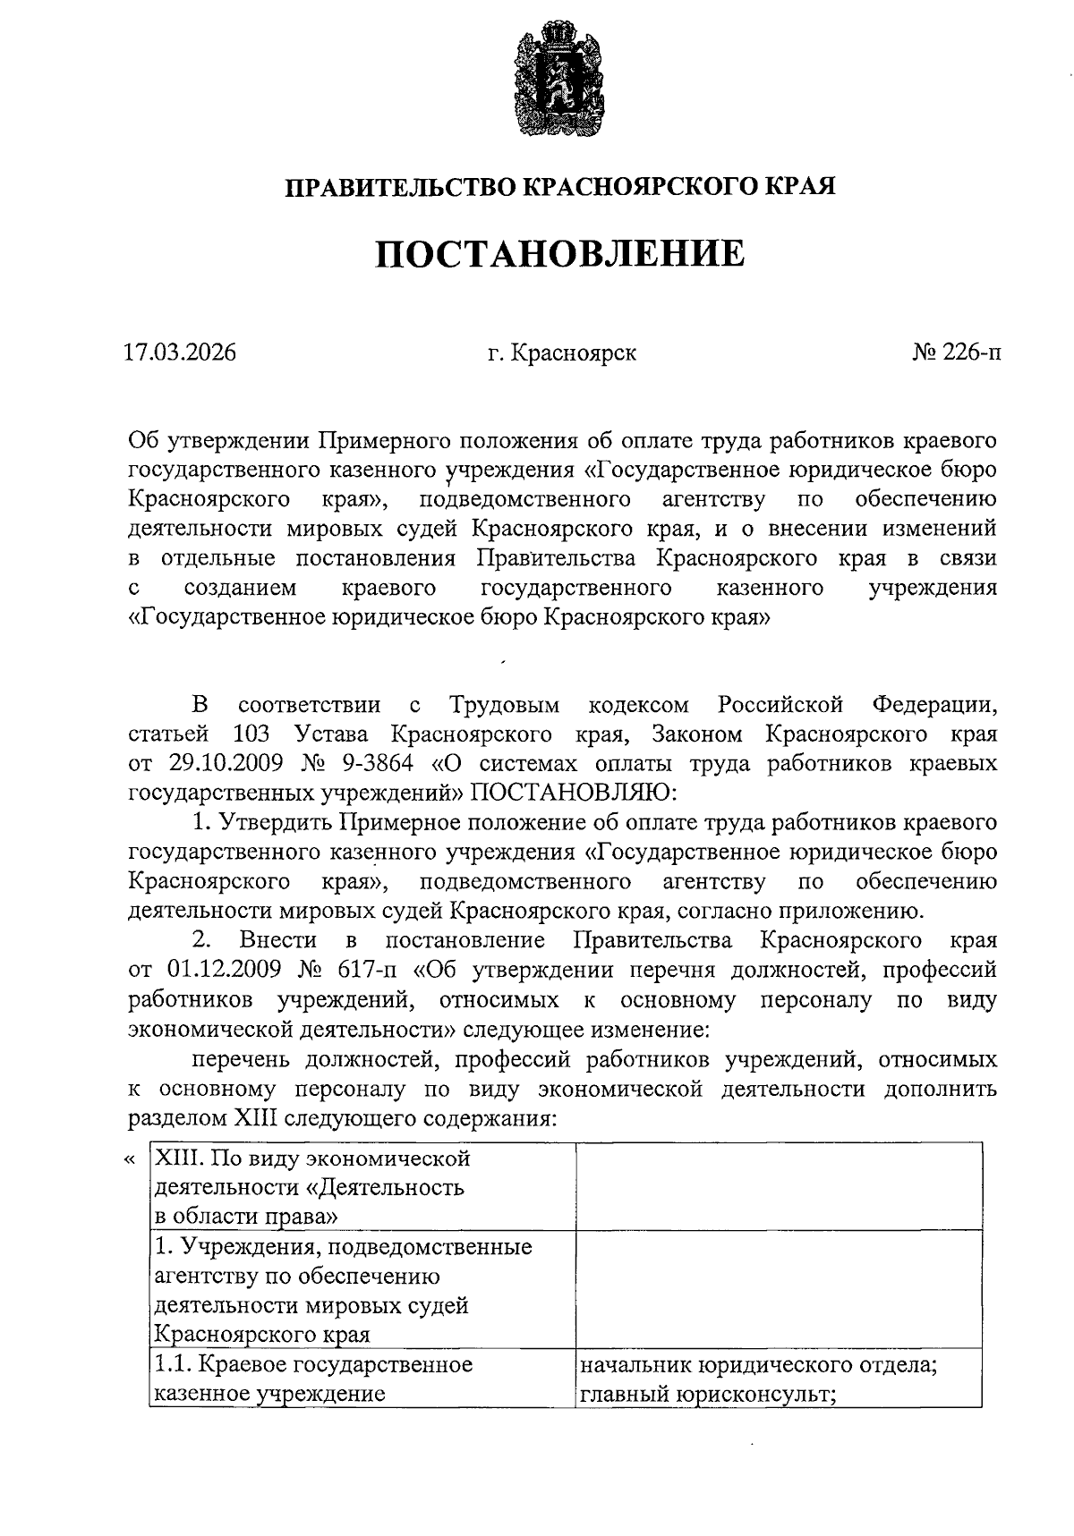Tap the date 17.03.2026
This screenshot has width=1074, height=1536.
(x=180, y=352)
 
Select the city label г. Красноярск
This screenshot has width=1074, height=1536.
(x=562, y=352)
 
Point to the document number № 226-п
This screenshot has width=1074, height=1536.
(x=957, y=352)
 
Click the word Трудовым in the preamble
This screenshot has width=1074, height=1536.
(x=505, y=704)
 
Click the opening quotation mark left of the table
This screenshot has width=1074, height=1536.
(x=130, y=1160)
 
